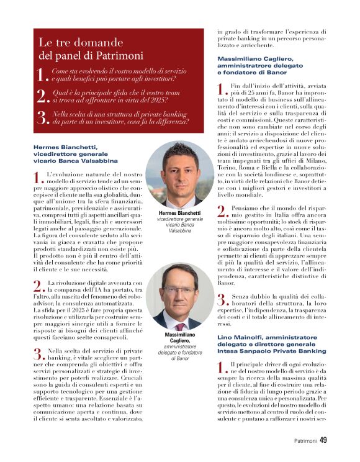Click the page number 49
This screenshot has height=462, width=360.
pyautogui.click(x=323, y=441)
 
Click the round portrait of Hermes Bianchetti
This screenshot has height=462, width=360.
pyautogui.click(x=180, y=174)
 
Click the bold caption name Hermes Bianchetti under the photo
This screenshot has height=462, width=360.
pyautogui.click(x=180, y=213)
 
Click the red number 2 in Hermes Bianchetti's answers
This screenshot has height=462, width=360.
pyautogui.click(x=38, y=286)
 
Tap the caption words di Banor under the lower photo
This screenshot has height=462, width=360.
pyautogui.click(x=180, y=357)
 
